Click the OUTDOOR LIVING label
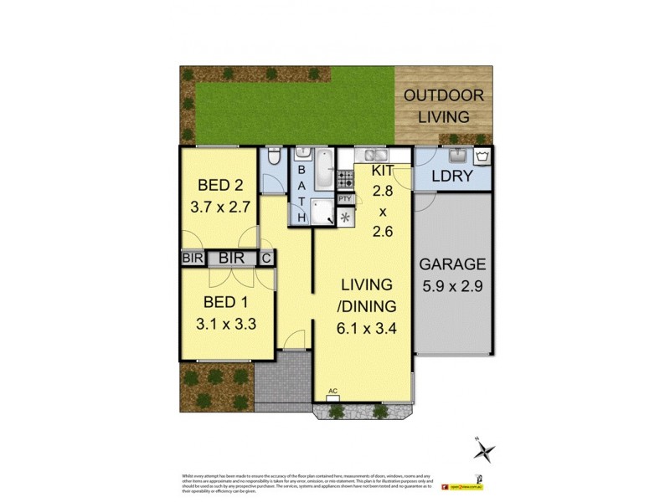pos(436,105)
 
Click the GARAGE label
pos(452,265)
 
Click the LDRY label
pos(452,177)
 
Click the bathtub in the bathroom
pos(322,172)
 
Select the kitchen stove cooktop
pos(345,177)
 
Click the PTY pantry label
pos(345,198)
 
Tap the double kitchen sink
pos(368,155)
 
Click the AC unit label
pos(332,391)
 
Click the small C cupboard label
pos(267,259)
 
